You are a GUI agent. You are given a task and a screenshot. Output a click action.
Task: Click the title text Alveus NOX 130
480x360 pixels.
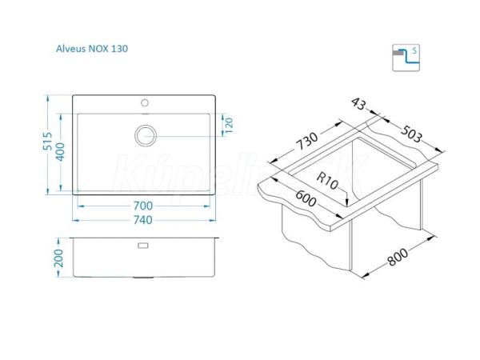tap(92, 49)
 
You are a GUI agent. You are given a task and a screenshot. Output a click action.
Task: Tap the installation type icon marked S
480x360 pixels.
tap(406, 58)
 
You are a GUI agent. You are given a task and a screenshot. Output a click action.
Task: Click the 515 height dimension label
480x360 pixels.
tap(47, 141)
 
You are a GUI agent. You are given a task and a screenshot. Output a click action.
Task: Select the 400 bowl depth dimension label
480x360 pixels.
tap(60, 152)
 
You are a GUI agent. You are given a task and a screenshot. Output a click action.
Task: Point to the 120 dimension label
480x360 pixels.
tap(229, 125)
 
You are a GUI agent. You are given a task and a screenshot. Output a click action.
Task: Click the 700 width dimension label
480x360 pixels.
tap(143, 206)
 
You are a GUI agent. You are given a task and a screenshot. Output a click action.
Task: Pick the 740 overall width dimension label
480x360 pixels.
tap(143, 220)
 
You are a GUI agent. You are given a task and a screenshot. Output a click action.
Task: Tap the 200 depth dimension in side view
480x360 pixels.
tap(58, 258)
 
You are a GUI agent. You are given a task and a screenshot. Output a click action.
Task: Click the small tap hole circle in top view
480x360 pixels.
tap(145, 103)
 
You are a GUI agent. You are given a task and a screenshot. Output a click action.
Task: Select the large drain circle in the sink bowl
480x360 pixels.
tap(146, 135)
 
